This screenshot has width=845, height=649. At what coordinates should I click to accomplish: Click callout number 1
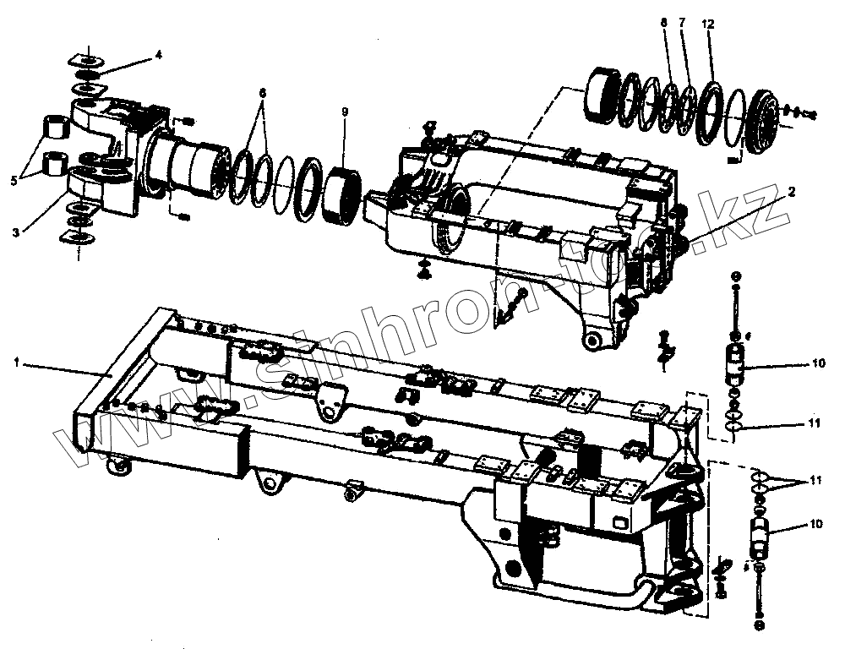16,362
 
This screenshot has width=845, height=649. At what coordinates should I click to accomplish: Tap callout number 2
791,193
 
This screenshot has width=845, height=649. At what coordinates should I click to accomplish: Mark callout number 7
683,23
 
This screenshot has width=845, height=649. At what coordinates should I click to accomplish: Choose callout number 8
665,23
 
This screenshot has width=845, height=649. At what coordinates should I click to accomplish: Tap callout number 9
345,112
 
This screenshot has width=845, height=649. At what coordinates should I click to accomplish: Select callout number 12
708,23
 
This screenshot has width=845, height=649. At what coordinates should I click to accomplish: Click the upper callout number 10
816,364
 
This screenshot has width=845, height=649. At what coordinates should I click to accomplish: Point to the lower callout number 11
815,481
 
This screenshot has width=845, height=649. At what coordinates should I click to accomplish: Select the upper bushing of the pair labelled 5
55,128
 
